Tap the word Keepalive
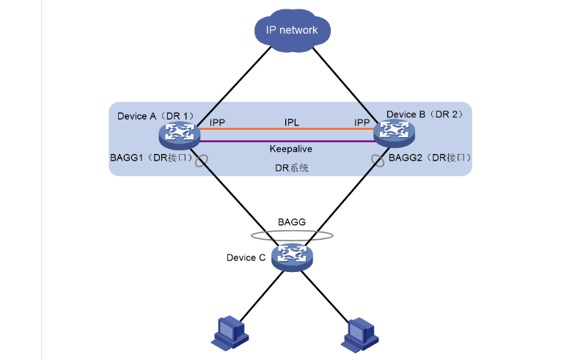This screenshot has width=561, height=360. pyautogui.click(x=291, y=149)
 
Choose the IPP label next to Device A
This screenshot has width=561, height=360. pyautogui.click(x=217, y=122)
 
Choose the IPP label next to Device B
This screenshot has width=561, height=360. pyautogui.click(x=362, y=122)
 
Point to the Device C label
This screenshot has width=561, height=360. pyautogui.click(x=246, y=257)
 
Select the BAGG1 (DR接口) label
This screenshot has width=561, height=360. pyautogui.click(x=150, y=158)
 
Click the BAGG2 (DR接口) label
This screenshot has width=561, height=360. pyautogui.click(x=429, y=158)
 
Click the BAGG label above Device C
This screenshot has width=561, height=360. pyautogui.click(x=291, y=221)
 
